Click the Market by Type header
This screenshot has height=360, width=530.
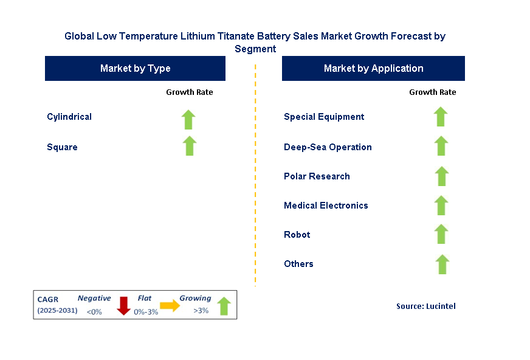[x=135, y=69]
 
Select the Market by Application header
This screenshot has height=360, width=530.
[x=373, y=69]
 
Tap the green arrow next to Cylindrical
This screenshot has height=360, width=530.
[x=189, y=119]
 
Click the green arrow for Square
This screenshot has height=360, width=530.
[x=190, y=146]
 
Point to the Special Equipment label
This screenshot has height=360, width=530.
[x=324, y=117]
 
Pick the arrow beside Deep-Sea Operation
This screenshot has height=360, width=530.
[x=441, y=146]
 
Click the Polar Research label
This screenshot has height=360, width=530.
[x=317, y=176]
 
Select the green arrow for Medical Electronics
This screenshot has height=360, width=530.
[x=442, y=206]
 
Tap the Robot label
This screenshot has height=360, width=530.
[x=297, y=235]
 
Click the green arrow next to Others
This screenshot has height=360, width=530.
[x=442, y=264]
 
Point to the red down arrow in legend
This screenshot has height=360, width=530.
[x=124, y=305]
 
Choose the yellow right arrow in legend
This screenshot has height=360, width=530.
[x=170, y=305]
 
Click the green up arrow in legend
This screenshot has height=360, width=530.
[x=224, y=306]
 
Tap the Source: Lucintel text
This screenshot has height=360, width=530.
[x=425, y=306]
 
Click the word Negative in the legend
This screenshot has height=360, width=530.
[x=94, y=299]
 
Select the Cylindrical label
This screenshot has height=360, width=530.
[x=69, y=117]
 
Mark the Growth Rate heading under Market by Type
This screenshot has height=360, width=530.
[x=190, y=92]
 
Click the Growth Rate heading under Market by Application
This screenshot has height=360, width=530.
[x=433, y=92]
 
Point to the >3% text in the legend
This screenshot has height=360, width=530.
[x=201, y=311]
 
